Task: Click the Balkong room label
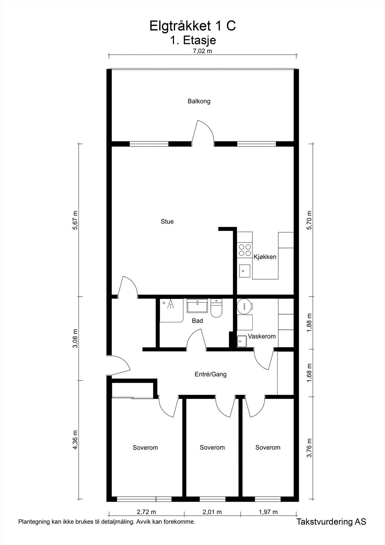pyautogui.click(x=199, y=101)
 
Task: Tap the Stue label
pyautogui.click(x=167, y=221)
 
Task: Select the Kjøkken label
pyautogui.click(x=265, y=257)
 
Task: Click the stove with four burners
pyautogui.click(x=245, y=250)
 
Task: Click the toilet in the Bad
pyautogui.click(x=216, y=309)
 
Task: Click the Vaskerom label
pyautogui.click(x=261, y=336)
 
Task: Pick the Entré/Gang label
pyautogui.click(x=210, y=374)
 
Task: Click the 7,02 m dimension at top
pyautogui.click(x=202, y=51)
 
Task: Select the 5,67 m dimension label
pyautogui.click(x=75, y=220)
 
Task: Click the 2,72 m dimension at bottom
pyautogui.click(x=146, y=512)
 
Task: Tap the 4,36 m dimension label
pyautogui.click(x=75, y=440)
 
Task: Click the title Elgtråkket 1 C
pyautogui.click(x=192, y=26)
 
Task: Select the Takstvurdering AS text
pyautogui.click(x=331, y=521)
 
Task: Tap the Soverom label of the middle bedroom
pyautogui.click(x=212, y=448)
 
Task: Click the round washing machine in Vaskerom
pyautogui.click(x=244, y=306)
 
